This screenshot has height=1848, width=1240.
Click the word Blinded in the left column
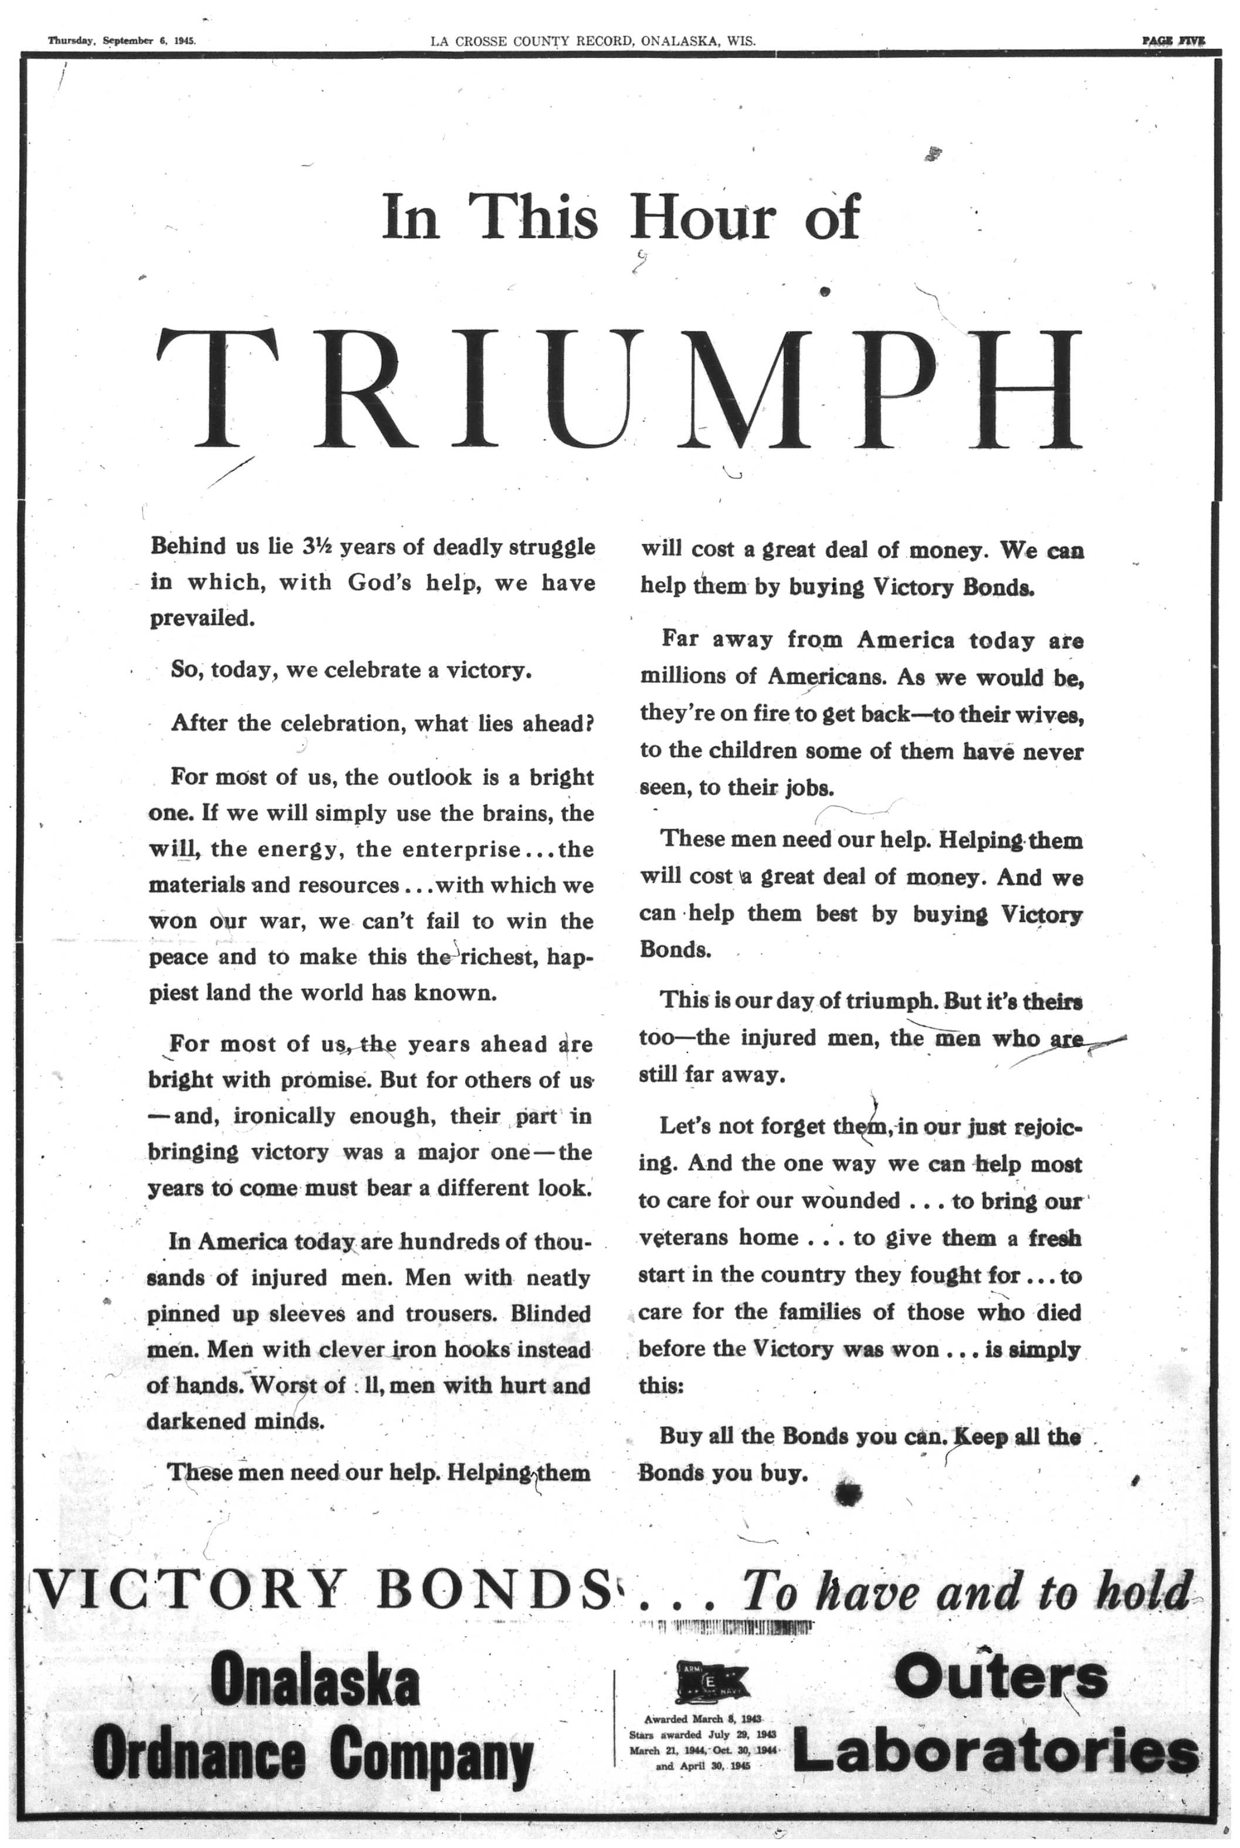(x=550, y=1314)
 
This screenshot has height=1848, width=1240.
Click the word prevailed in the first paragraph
(x=201, y=618)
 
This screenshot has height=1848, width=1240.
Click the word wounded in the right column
(x=851, y=1201)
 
